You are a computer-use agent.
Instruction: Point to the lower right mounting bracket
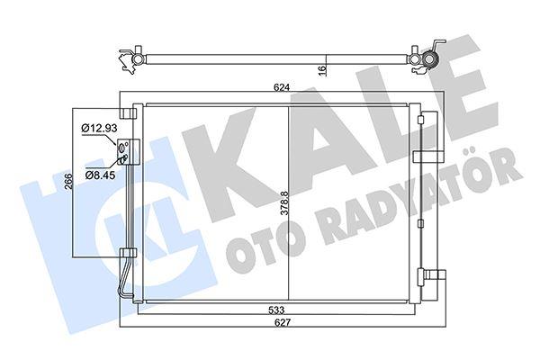(435, 278)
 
